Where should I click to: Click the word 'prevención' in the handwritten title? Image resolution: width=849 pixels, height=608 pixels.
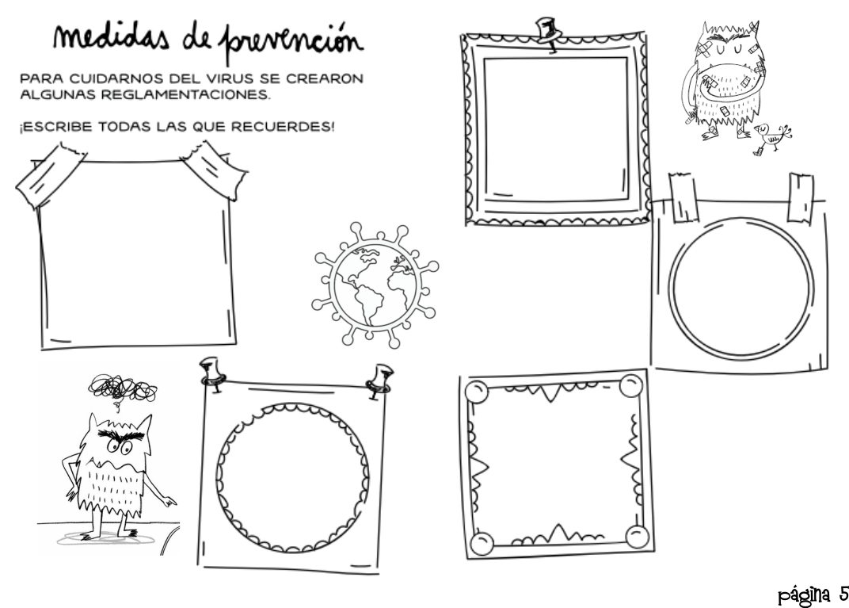click(x=291, y=40)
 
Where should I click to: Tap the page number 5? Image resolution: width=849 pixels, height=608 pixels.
click(x=843, y=594)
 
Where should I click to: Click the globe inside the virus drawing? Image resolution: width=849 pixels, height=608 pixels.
click(x=375, y=285)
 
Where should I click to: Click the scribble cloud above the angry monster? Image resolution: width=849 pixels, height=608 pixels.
click(x=123, y=388)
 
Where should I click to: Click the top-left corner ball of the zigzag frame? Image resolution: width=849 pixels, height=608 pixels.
click(x=477, y=392)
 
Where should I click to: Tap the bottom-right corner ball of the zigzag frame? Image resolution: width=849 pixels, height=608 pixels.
click(x=637, y=536)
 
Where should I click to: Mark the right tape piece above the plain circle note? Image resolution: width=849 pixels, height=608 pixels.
click(x=800, y=197)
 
